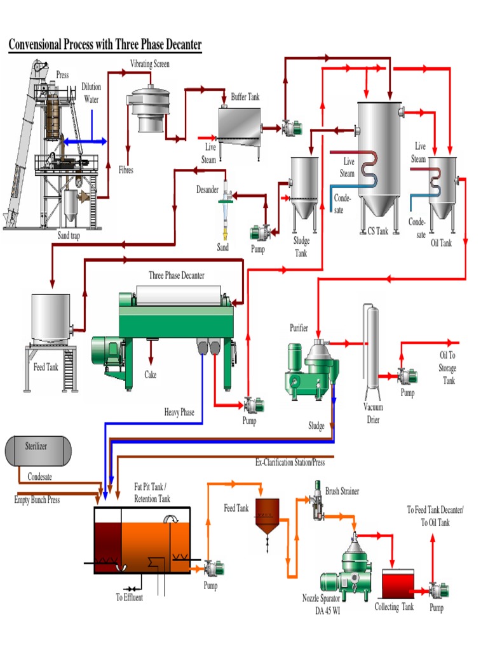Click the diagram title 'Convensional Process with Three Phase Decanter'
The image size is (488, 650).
click(x=105, y=44)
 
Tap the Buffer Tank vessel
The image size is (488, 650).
click(x=240, y=124)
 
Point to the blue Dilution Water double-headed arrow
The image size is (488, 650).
click(x=85, y=141)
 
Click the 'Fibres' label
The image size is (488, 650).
click(x=126, y=170)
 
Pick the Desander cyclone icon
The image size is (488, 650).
click(x=224, y=206)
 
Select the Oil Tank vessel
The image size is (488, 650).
click(x=442, y=187)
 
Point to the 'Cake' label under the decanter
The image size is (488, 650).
click(x=151, y=375)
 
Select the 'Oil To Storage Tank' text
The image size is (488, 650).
click(x=447, y=368)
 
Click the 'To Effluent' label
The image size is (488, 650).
click(x=129, y=597)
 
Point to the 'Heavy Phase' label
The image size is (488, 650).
click(x=179, y=413)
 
